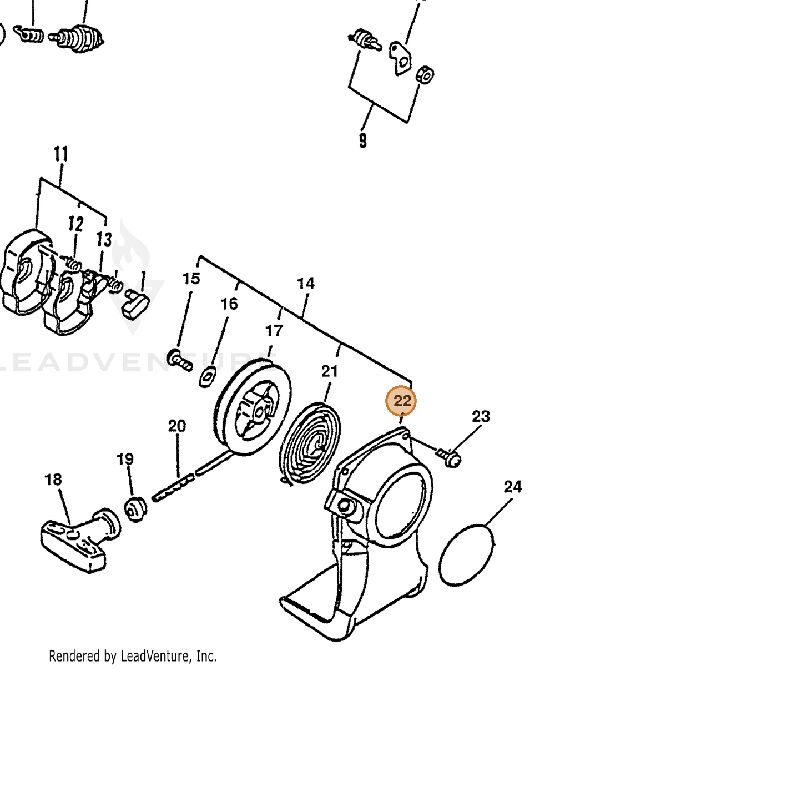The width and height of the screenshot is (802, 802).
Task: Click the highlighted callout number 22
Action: [401, 401]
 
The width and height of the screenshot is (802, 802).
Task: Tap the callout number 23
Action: [481, 416]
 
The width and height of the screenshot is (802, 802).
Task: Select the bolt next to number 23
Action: [448, 456]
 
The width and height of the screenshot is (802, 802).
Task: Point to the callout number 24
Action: [512, 486]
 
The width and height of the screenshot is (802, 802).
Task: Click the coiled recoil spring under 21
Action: [310, 443]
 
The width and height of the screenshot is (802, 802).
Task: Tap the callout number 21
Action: [329, 371]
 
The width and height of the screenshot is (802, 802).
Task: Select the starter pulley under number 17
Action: [252, 406]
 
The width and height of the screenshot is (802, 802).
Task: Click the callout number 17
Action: [274, 331]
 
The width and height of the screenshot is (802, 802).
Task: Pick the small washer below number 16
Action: [207, 377]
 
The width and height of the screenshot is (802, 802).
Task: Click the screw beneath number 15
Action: [179, 360]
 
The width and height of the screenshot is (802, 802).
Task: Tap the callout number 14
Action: [305, 284]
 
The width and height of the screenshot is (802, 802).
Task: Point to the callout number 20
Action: [177, 426]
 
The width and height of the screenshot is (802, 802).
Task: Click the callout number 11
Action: [61, 154]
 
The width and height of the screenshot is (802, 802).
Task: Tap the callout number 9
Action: [363, 140]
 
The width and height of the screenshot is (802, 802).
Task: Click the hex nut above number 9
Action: [425, 74]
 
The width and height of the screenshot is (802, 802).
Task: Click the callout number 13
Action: [104, 239]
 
